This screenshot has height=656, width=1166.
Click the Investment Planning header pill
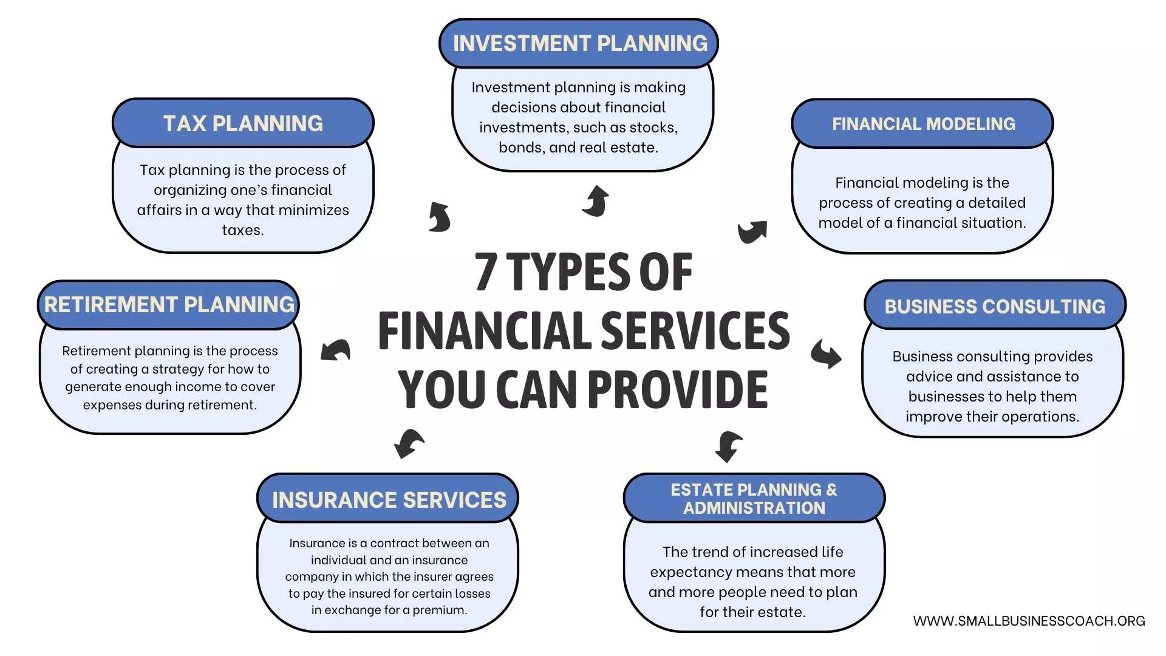pyautogui.click(x=579, y=44)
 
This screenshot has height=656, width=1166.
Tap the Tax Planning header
pyautogui.click(x=243, y=123)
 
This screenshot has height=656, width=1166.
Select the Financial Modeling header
pyautogui.click(x=922, y=124)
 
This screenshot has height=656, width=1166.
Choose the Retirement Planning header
pyautogui.click(x=169, y=305)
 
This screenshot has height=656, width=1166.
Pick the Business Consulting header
pyautogui.click(x=995, y=306)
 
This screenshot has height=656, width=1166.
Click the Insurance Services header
pyautogui.click(x=389, y=499)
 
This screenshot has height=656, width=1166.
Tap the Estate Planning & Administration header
pyautogui.click(x=754, y=499)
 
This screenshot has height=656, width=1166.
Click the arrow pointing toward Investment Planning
pyautogui.click(x=596, y=201)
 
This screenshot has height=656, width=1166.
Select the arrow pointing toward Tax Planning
pyautogui.click(x=439, y=217)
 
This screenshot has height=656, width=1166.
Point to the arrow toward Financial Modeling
pyautogui.click(x=752, y=231)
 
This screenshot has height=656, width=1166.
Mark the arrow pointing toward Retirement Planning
pyautogui.click(x=335, y=350)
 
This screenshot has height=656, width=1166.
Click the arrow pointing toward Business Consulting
pyautogui.click(x=826, y=354)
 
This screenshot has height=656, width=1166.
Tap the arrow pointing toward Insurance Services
pyautogui.click(x=409, y=443)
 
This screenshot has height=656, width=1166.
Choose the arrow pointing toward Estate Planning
pyautogui.click(x=728, y=446)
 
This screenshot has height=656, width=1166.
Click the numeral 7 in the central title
pyautogui.click(x=486, y=272)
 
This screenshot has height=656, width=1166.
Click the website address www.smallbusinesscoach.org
pyautogui.click(x=1029, y=621)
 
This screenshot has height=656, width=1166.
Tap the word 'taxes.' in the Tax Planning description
pyautogui.click(x=243, y=230)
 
